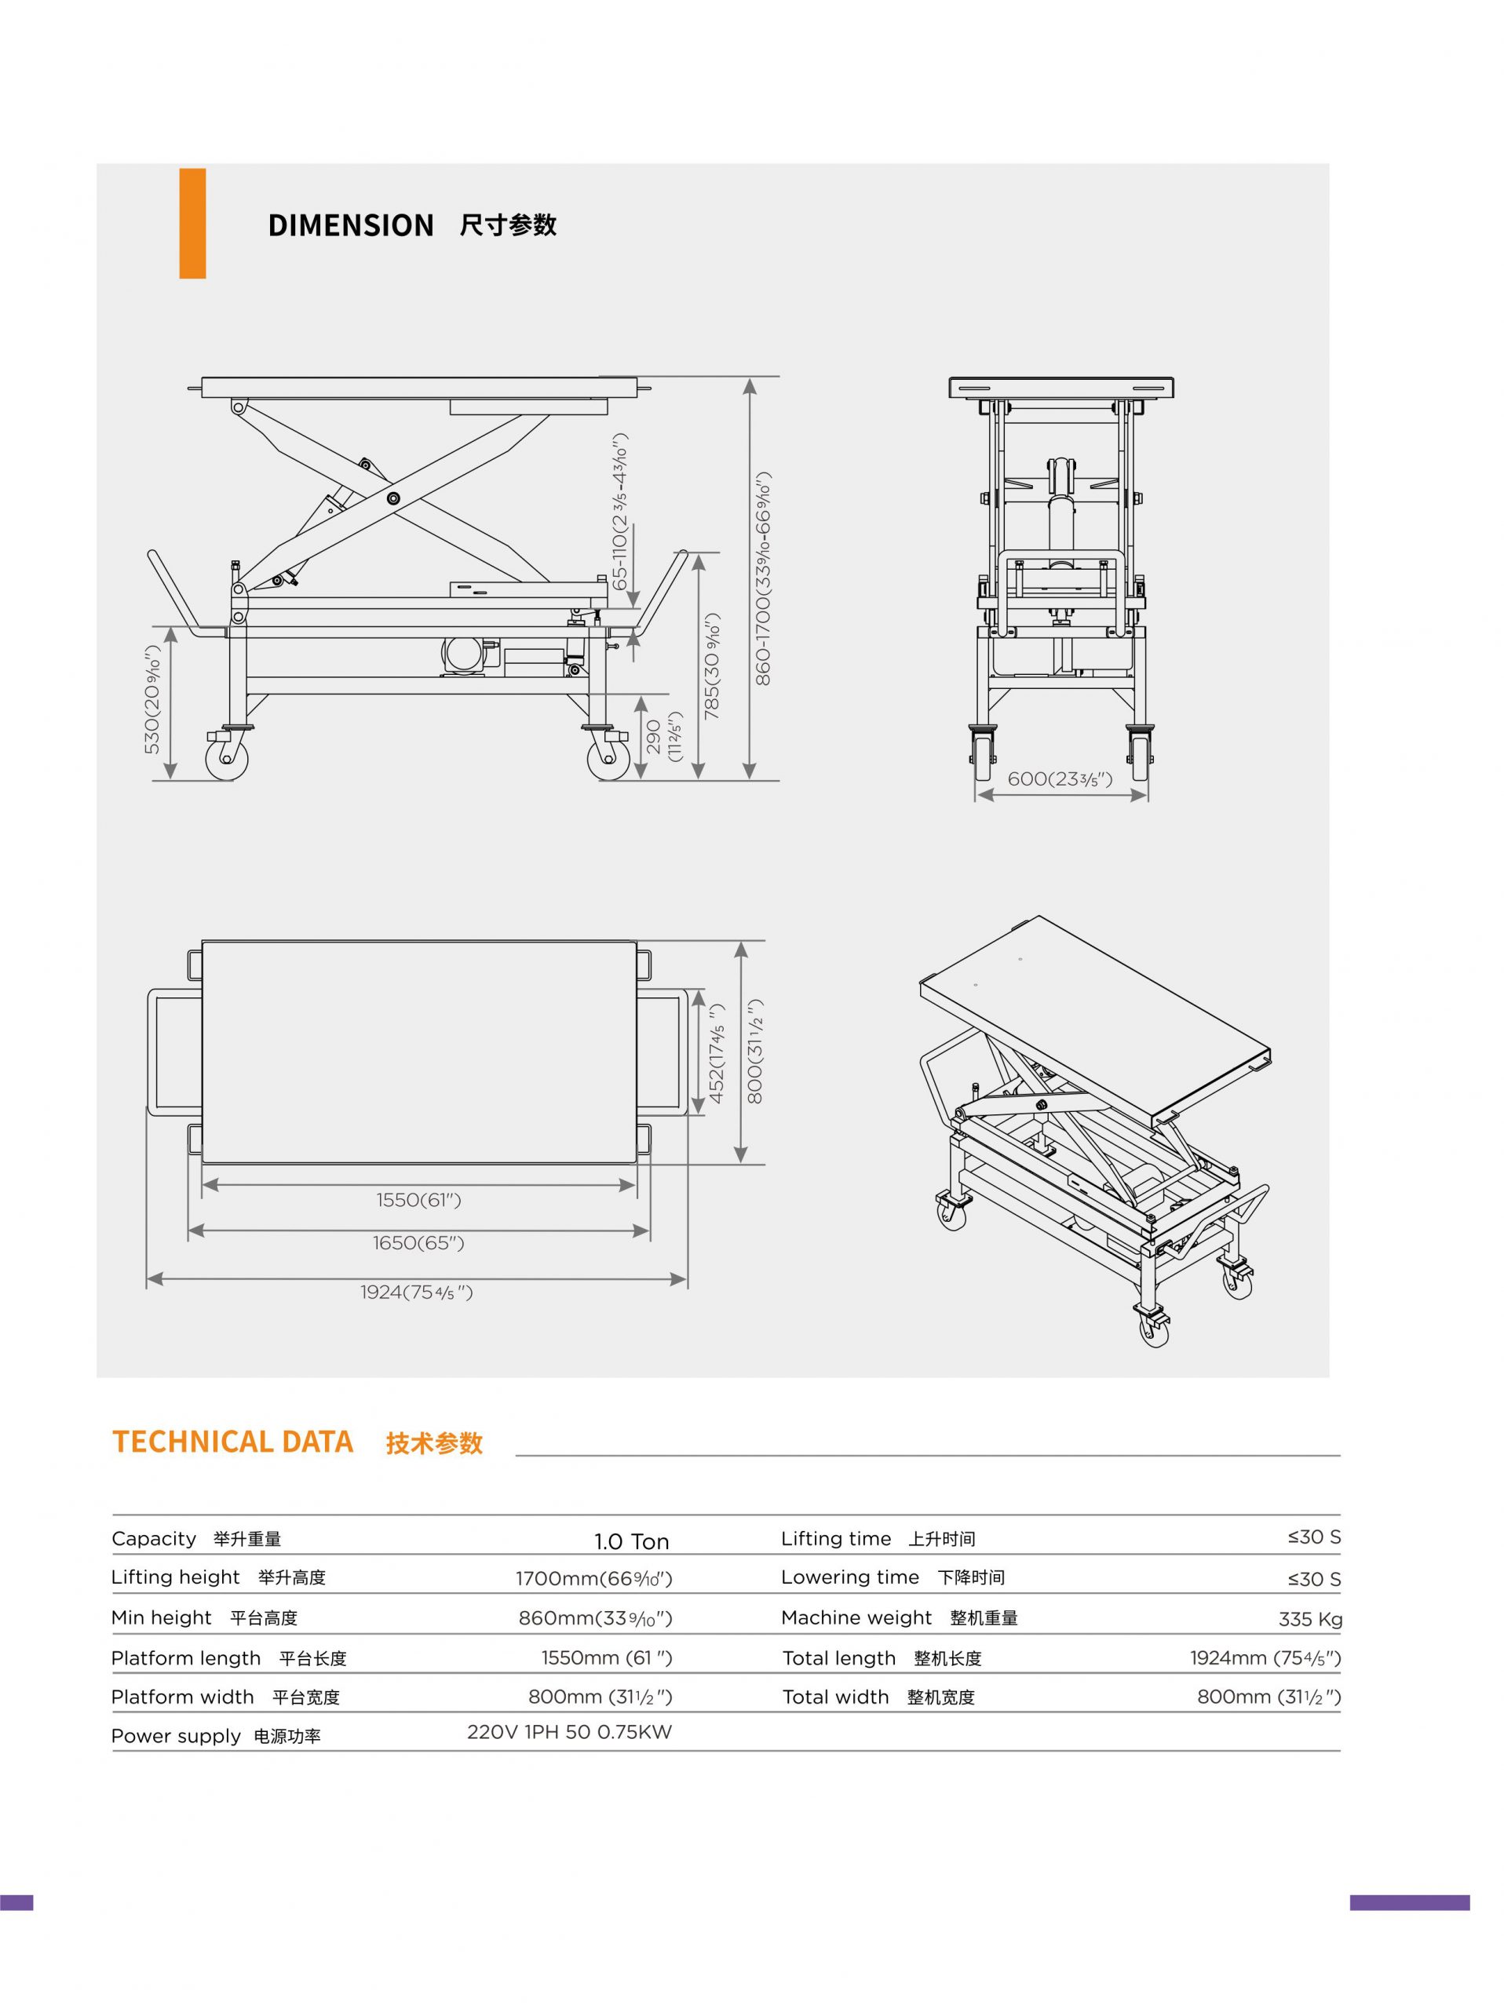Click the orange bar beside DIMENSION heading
(192, 223)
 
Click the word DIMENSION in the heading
(351, 225)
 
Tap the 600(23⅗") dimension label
(1059, 779)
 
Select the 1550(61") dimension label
(418, 1200)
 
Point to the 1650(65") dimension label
(418, 1242)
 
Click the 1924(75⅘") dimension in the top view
(416, 1292)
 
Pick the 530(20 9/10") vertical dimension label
(151, 699)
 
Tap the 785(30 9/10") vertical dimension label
(712, 666)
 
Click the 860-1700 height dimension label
(763, 578)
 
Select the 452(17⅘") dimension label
(717, 1053)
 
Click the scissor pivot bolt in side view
(393, 498)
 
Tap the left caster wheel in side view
(226, 758)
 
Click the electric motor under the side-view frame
(465, 654)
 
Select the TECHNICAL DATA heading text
(232, 1442)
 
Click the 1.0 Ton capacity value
(631, 1541)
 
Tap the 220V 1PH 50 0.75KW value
(569, 1732)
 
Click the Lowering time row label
(849, 1577)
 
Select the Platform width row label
(183, 1697)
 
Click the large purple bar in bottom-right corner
(1409, 1903)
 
